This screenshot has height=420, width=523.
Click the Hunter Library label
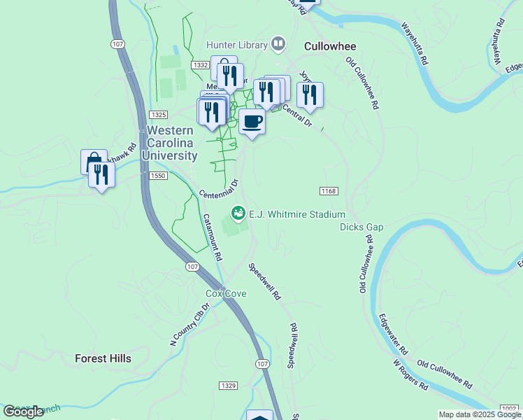(x=237, y=45)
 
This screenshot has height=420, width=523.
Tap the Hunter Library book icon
(x=278, y=44)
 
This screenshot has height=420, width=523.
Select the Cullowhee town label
(x=330, y=46)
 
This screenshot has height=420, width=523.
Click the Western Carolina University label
(x=175, y=143)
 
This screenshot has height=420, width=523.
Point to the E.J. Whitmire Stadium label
(x=297, y=214)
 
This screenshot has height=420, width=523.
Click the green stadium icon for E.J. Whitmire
(x=238, y=212)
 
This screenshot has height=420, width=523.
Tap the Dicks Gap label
(x=361, y=227)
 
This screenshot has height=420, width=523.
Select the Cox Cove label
(x=225, y=293)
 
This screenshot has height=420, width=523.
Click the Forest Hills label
(x=103, y=358)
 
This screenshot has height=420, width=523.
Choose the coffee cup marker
(x=252, y=122)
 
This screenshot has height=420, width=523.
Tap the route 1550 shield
(x=157, y=176)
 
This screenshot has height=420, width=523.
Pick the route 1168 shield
(x=329, y=191)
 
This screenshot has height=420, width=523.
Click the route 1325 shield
(x=158, y=114)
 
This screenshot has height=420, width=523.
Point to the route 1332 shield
(x=201, y=64)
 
